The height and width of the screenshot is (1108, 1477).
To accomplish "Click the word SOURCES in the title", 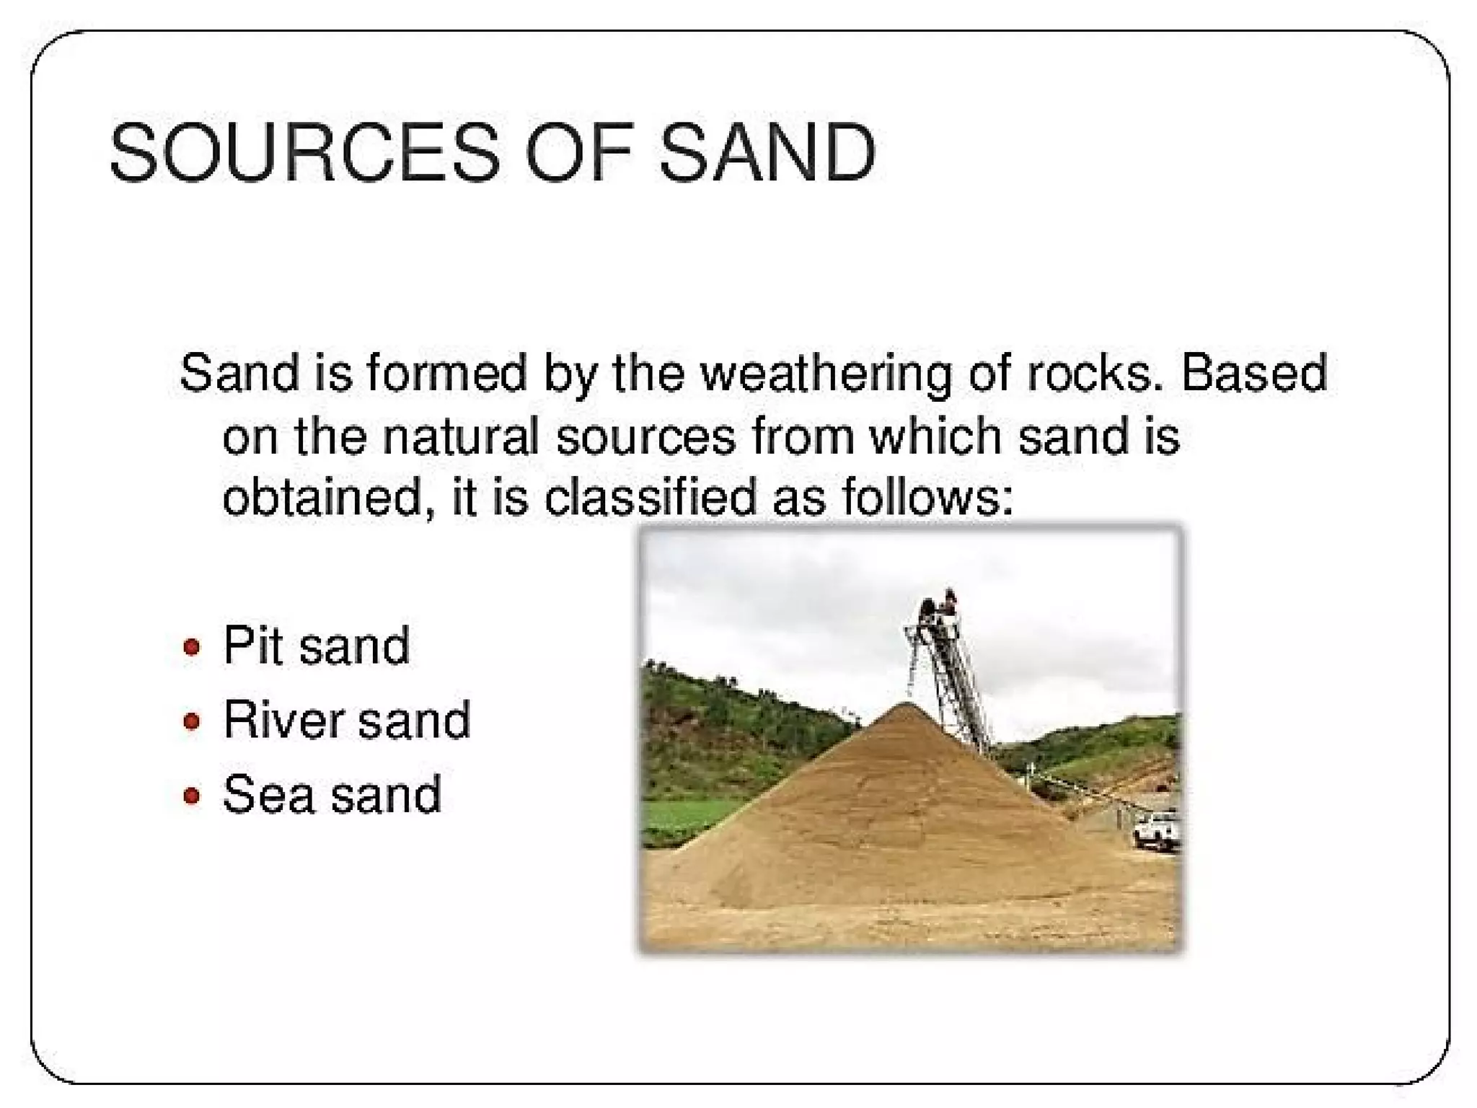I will pyautogui.click(x=304, y=153).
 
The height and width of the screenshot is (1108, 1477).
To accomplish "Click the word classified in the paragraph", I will pyautogui.click(x=649, y=498).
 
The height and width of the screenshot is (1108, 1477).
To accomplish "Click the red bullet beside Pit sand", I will pyautogui.click(x=191, y=646).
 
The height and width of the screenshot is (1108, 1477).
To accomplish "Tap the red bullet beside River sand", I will pyautogui.click(x=191, y=721).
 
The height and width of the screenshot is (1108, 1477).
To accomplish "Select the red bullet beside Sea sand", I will pyautogui.click(x=191, y=796).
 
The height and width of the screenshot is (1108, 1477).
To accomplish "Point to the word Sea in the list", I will pyautogui.click(x=268, y=795).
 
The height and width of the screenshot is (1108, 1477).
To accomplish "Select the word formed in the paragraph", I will pyautogui.click(x=446, y=374).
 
